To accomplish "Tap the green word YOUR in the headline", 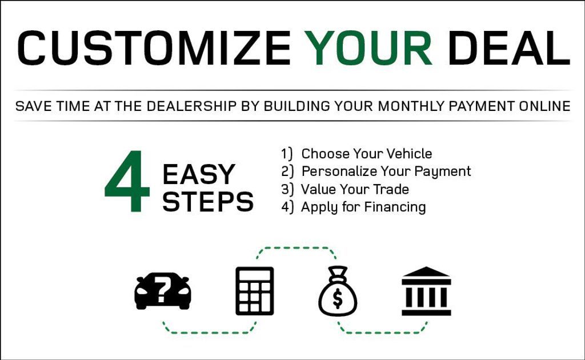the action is tap(368, 48).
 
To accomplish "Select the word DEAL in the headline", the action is tap(508, 48).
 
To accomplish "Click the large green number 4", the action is tap(127, 181).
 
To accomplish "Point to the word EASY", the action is tap(198, 174).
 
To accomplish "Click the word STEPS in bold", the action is tap(208, 202).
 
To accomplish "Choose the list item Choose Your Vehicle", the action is tap(356, 153).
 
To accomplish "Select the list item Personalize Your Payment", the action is tap(376, 171).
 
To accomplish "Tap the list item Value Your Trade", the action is tap(345, 189).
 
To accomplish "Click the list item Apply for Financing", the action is tap(353, 207).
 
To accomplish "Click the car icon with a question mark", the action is tap(163, 291).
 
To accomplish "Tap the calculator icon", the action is tap(254, 291).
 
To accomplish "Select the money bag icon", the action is tap(338, 291).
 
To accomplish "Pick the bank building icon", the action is tap(426, 291).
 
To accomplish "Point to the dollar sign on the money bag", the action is tap(337, 298).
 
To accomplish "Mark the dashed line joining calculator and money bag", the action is tap(296, 247).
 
